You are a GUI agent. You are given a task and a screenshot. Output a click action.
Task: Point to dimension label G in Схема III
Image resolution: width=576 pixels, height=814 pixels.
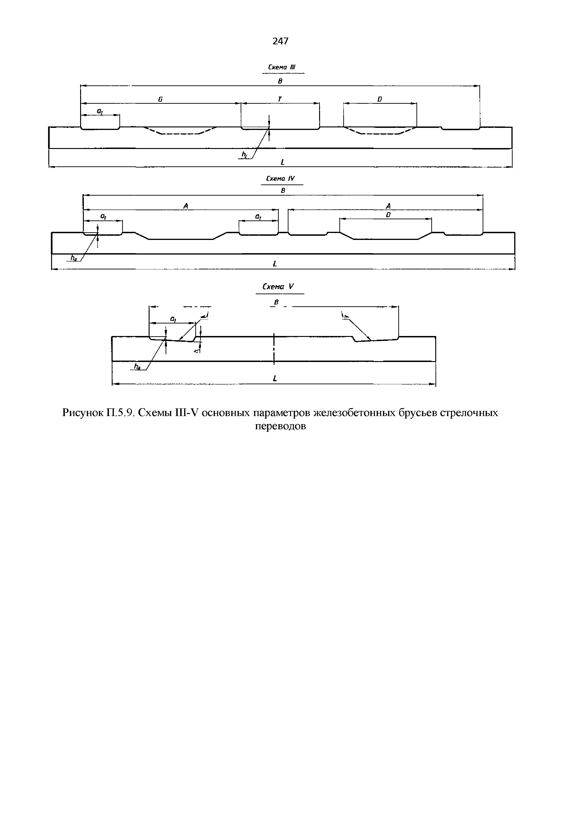(x=160, y=100)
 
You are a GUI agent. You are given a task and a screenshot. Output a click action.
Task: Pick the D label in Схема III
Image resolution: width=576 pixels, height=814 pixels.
(x=380, y=100)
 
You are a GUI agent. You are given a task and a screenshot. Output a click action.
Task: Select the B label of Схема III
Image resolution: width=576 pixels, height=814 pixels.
(x=280, y=81)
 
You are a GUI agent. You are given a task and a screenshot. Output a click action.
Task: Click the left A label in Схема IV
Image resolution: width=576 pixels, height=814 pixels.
(x=185, y=206)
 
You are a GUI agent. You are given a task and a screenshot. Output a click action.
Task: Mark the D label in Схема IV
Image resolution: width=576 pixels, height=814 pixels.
(x=388, y=215)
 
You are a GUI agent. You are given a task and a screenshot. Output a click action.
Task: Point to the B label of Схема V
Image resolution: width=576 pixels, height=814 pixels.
(x=276, y=302)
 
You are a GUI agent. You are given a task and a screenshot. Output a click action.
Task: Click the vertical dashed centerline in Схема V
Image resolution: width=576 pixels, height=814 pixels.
(x=274, y=349)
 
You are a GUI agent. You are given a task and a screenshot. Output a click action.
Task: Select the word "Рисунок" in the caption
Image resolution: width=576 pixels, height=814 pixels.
(x=82, y=413)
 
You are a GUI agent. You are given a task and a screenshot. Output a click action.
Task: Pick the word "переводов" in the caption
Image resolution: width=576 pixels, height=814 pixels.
(x=280, y=426)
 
